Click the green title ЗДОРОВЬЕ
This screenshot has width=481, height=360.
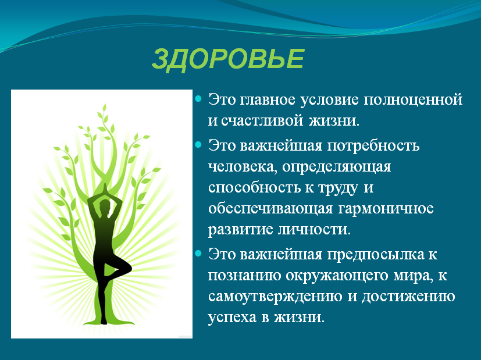coord(228,59)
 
